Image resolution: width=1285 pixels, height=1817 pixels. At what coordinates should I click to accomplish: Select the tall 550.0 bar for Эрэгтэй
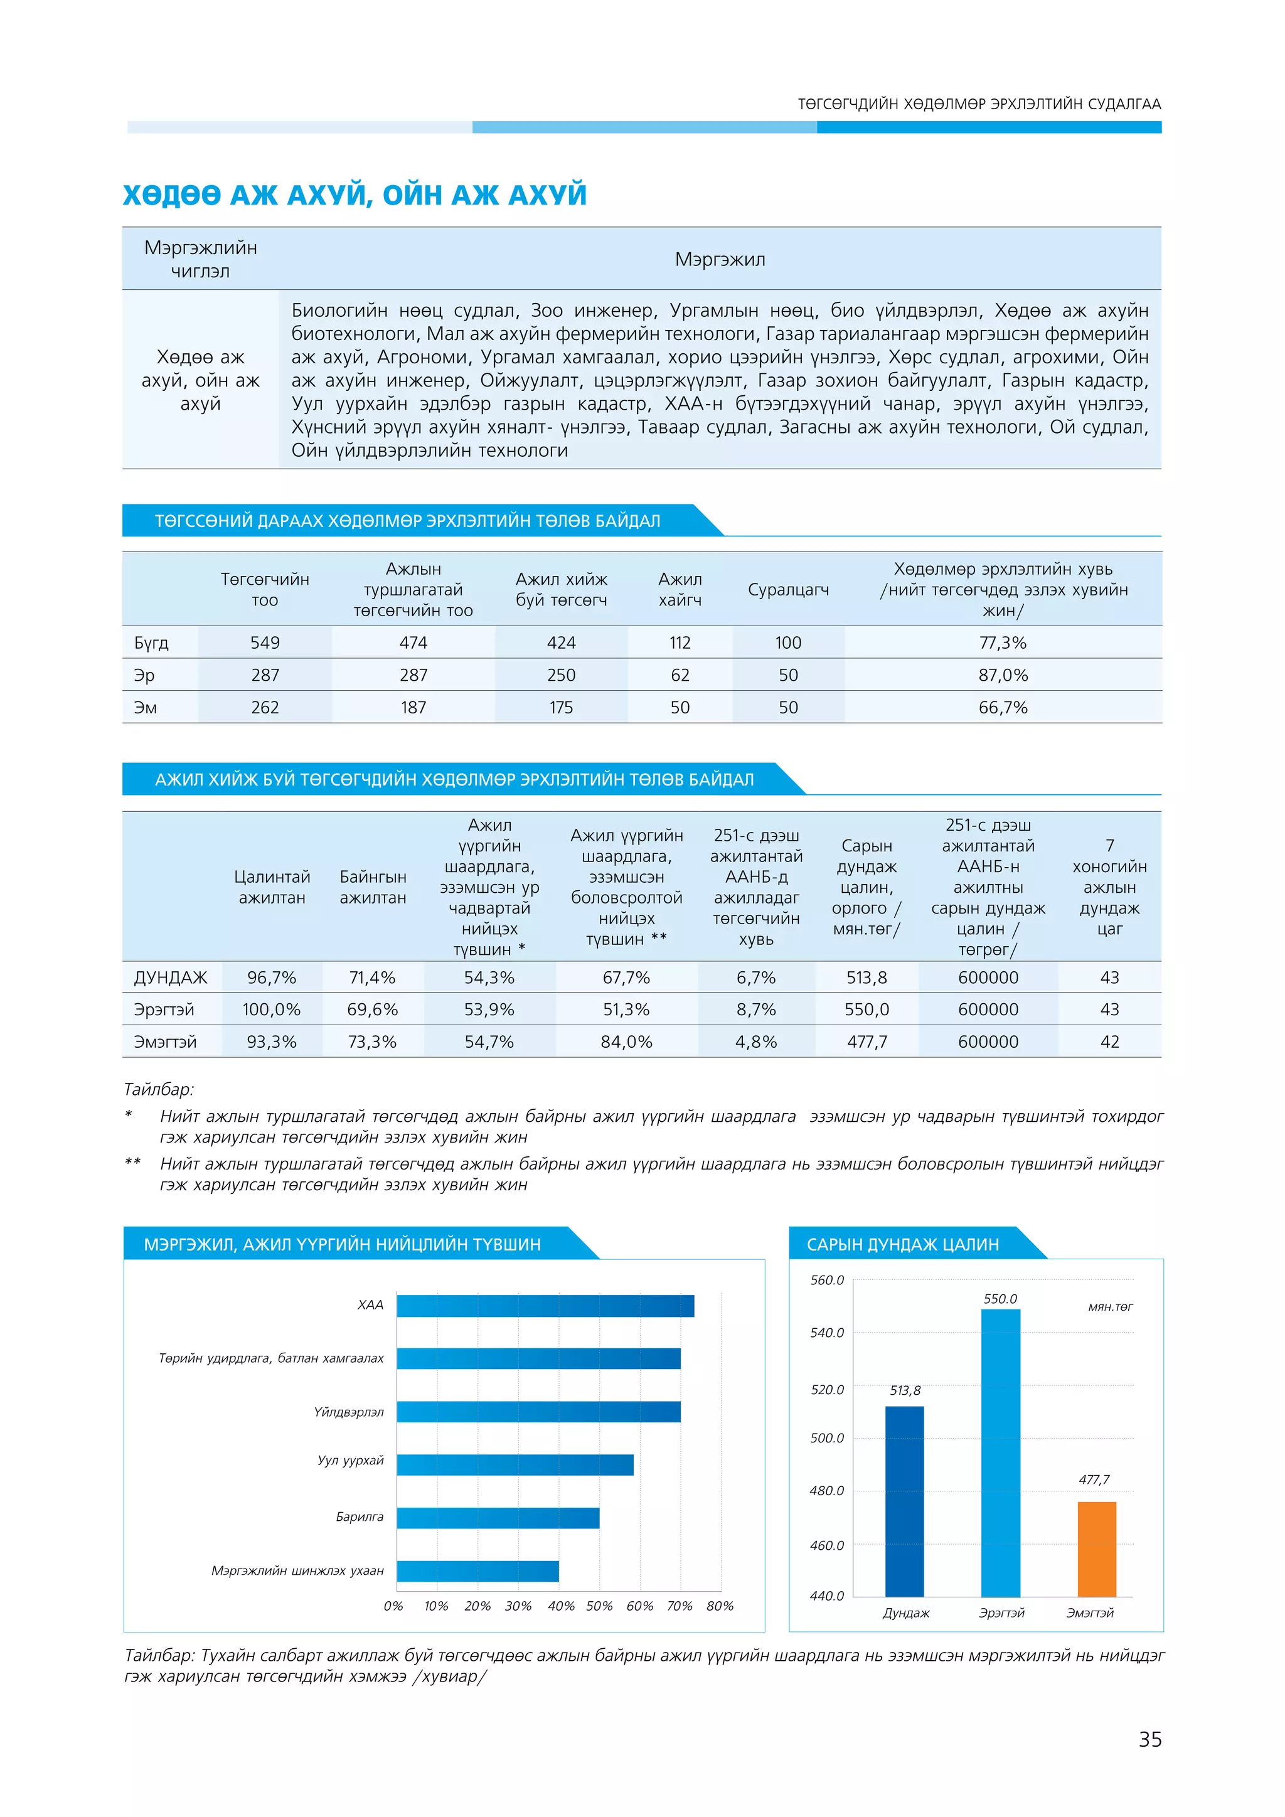pos(1000,1452)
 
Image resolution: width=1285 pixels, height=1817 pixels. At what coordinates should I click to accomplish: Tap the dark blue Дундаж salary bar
pos(904,1501)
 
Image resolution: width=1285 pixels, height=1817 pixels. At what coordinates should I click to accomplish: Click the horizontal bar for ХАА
pos(545,1306)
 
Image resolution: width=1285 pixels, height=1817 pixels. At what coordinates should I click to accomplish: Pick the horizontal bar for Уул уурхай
pos(515,1465)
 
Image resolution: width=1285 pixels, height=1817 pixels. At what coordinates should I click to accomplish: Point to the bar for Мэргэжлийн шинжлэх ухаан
pos(478,1571)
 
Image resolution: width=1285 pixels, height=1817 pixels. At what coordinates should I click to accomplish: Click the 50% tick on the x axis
pos(599,1606)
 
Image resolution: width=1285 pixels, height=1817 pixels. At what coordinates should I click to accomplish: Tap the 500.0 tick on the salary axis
pos(827,1438)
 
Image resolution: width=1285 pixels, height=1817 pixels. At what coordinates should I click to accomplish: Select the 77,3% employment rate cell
pos(1003,642)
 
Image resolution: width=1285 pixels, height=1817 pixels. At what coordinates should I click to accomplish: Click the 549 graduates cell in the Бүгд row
pos(265,642)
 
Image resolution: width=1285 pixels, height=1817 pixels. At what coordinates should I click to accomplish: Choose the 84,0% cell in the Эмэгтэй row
pos(626,1042)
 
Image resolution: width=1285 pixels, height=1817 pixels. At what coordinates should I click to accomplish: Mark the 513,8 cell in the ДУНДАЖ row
pos(866,978)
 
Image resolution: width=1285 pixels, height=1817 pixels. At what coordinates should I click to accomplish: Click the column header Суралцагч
pos(788,590)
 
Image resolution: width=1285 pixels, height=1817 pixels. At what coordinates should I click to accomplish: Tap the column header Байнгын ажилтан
pos(373,887)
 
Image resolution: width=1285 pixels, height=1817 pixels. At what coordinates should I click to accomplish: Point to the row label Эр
pos(144,675)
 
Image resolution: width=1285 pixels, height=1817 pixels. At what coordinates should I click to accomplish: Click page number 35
pos(1149,1739)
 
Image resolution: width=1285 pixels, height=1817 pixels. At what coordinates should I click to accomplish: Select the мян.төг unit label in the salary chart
pos(1110,1306)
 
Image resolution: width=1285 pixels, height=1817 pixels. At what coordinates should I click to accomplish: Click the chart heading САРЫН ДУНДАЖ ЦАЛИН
pos(903,1244)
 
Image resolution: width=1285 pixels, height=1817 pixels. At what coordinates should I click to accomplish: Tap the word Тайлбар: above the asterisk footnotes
pos(159,1089)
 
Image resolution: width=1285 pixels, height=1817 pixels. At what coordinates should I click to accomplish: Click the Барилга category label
pos(360,1516)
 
